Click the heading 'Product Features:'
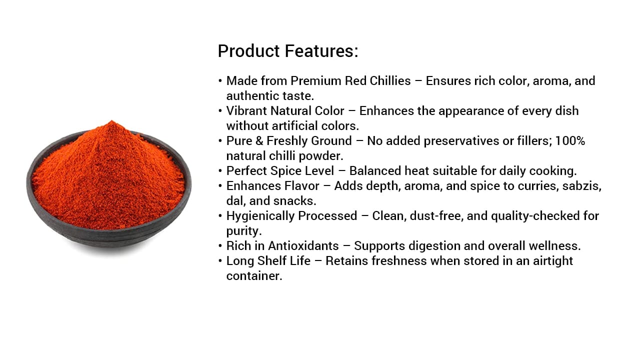tap(288, 51)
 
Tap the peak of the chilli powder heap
tap(111, 122)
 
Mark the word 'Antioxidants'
tap(303, 246)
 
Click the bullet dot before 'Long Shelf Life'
tap(220, 261)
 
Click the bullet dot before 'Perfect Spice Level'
tap(220, 171)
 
